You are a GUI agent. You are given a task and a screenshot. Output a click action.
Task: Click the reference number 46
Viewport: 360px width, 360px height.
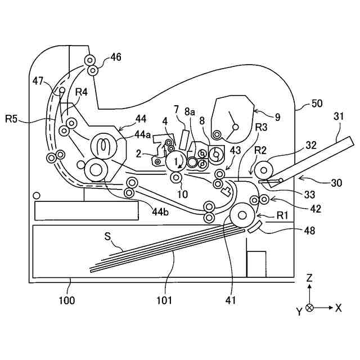[x=116, y=57]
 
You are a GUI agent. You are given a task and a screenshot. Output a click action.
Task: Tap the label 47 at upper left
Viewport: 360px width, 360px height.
[x=38, y=82]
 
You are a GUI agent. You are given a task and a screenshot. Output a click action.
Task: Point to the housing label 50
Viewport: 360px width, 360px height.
[x=317, y=104]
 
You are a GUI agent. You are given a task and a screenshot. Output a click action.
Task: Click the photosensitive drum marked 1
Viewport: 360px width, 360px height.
[x=177, y=161]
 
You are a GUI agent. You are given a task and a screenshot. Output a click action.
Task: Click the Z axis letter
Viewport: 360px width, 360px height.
[x=310, y=277]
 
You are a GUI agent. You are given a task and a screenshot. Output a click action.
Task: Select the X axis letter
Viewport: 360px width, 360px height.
[x=338, y=308]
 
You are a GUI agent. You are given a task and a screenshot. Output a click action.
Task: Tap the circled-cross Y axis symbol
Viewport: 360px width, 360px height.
[x=309, y=308]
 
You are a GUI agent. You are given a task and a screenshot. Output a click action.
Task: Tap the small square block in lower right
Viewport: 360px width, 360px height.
[x=256, y=263]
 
